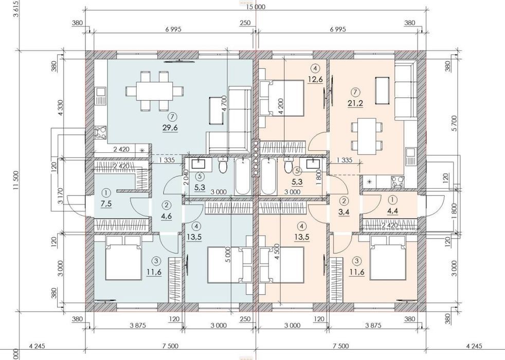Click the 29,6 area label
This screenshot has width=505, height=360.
point(170,128)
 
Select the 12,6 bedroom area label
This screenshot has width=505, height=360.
point(315,79)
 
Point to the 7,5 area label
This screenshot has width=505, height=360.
point(106,204)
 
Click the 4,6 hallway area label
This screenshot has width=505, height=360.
point(167,215)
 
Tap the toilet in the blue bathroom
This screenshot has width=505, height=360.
point(223,165)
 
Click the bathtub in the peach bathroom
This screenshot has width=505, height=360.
point(267,176)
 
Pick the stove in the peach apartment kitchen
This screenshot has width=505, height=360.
point(398,182)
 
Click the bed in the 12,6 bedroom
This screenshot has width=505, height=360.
point(282,98)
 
